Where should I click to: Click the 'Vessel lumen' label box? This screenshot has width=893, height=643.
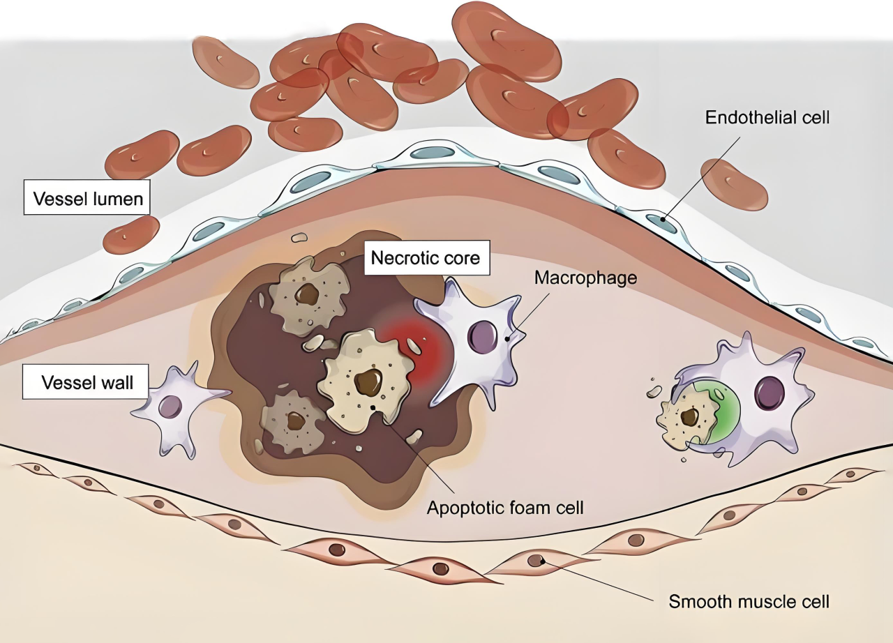(87, 199)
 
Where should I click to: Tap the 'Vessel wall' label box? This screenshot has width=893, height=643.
(87, 383)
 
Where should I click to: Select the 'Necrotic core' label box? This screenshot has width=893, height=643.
(426, 258)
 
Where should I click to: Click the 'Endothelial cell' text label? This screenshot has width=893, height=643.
(767, 117)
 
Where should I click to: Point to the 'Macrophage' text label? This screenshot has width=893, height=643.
(586, 278)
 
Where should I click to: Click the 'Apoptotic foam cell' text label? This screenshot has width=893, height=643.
(505, 507)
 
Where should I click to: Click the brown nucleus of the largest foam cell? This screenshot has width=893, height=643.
(368, 381)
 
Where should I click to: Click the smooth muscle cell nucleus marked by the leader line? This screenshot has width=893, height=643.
(536, 559)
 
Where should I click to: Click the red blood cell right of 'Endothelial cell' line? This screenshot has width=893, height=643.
(734, 185)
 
